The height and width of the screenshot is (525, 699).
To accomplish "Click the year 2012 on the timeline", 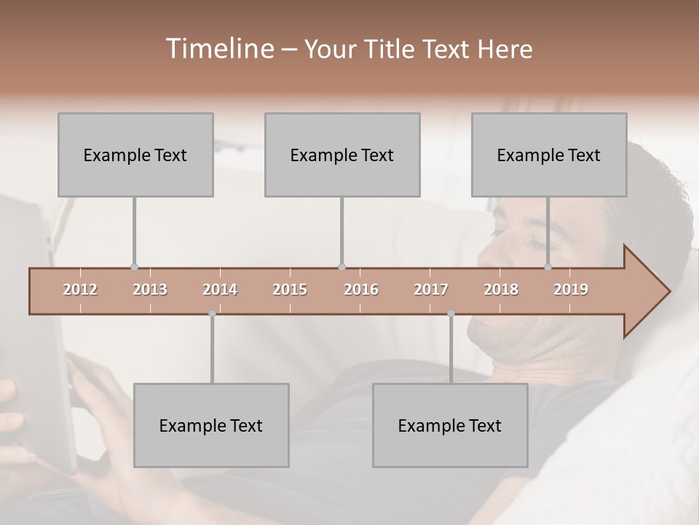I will pos(80,289).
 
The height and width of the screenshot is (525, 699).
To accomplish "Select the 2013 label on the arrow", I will pos(150,289).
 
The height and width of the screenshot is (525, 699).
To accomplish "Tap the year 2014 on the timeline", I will pos(220,289).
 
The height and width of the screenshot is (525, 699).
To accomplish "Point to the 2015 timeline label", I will pos(290,289).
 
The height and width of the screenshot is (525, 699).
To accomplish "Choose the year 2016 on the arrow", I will pos(361,289).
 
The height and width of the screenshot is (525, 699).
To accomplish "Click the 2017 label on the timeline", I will pos(431,289).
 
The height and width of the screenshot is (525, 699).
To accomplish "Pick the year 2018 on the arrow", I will pos(501,289).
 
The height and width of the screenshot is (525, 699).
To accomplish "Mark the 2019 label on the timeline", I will pos(571,289).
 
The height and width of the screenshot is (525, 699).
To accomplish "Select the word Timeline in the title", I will pos(218,49).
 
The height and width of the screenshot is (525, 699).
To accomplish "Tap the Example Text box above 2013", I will pos(135,155).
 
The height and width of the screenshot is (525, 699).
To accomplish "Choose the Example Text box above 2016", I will pos(342,155).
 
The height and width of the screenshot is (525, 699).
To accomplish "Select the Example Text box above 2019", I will pos(549,155).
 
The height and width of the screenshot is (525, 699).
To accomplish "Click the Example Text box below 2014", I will pos(211,425).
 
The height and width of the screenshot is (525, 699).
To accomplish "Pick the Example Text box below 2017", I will pos(450,425).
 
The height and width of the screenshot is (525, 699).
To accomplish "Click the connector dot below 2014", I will pos(212,314).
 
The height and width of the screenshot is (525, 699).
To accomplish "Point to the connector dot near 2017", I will pos(451,314).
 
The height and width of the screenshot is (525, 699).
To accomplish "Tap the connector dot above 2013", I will pos(134,267).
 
